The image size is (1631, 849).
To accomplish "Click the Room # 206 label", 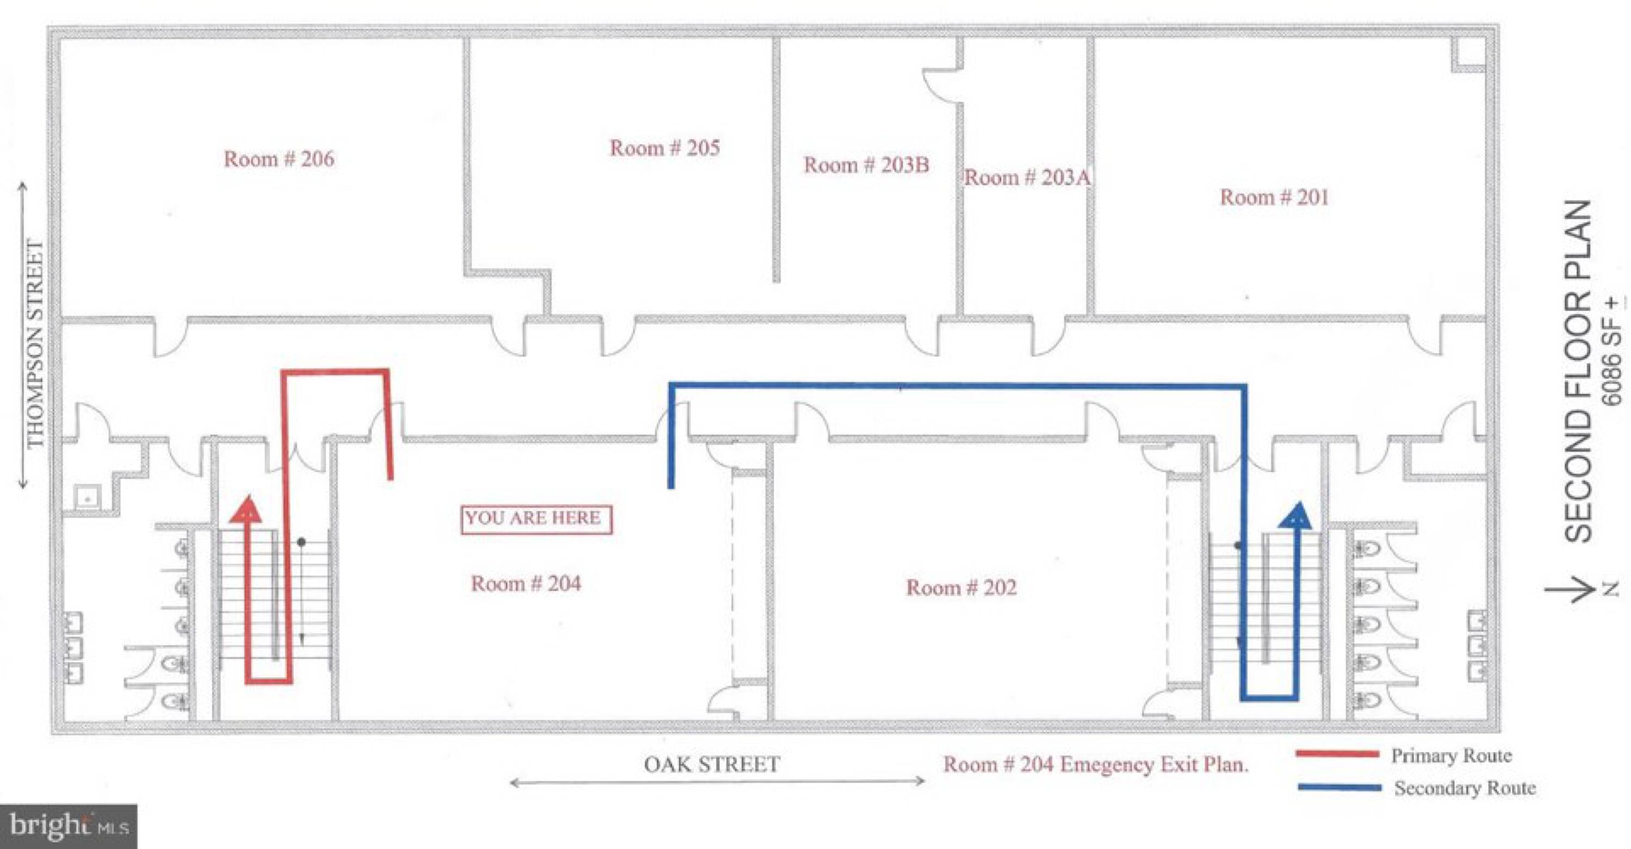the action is [279, 158].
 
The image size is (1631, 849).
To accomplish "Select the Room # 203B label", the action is [866, 165].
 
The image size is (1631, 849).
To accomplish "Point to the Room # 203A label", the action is [1027, 177].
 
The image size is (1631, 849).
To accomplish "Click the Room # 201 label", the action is [1274, 197].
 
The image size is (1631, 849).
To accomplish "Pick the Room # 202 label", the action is [961, 587].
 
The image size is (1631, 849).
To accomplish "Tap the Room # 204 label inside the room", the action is [526, 583].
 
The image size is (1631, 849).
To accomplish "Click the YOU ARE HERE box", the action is [536, 519].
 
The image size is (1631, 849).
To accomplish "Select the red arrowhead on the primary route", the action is [246, 510].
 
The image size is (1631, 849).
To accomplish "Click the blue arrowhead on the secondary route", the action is [1296, 515].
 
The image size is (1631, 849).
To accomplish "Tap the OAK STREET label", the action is [712, 764].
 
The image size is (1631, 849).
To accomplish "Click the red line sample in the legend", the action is [1336, 754].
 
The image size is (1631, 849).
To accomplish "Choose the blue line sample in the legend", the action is [1339, 788].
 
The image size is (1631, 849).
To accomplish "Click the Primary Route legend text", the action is [1451, 755].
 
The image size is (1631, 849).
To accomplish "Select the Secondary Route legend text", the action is [1465, 788].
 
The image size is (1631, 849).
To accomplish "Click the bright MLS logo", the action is [69, 826].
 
